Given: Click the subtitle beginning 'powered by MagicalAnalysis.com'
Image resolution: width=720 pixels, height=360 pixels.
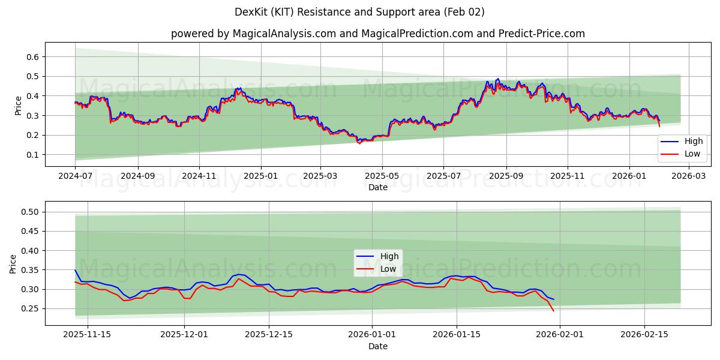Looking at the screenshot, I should tap(377, 34).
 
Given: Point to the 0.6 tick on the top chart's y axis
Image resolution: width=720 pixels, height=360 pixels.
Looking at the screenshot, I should tap(33, 57).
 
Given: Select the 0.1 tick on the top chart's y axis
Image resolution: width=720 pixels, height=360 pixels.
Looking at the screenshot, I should tap(33, 155).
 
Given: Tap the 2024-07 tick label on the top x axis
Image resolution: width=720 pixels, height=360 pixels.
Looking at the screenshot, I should tap(75, 176).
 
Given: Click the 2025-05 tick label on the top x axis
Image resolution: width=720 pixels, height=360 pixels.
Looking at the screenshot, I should tap(382, 176).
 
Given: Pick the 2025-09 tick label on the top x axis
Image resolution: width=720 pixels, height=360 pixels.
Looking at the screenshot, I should tap(506, 176).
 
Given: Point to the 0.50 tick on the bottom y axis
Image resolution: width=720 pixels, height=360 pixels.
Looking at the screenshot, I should tap(31, 212).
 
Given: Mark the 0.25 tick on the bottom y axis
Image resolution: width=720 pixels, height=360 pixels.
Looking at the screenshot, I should tap(31, 309).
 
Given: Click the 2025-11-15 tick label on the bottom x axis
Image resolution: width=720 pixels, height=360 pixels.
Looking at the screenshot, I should tap(88, 335).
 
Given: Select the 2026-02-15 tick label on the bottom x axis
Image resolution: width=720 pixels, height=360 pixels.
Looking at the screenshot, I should tap(645, 335).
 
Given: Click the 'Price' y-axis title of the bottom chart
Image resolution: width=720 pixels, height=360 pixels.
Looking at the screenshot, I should tap(14, 263).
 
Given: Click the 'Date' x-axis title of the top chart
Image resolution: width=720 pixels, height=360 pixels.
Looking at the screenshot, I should tap(377, 187).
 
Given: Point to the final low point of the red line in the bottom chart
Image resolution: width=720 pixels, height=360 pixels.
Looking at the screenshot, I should tap(553, 311).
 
